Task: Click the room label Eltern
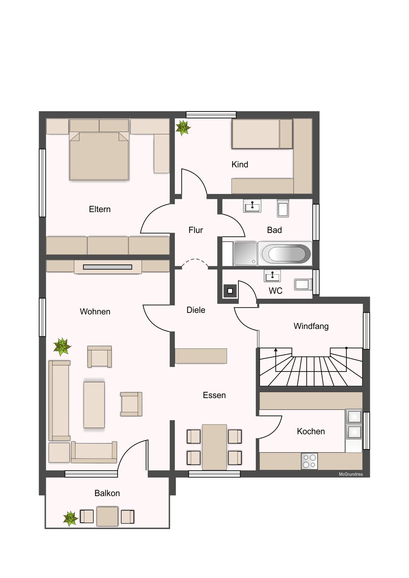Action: (x=99, y=209)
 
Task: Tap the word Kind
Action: (x=239, y=164)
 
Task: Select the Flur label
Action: (x=196, y=230)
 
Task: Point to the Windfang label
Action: (x=311, y=326)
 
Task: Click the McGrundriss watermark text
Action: (x=351, y=474)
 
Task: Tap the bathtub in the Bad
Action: (x=285, y=253)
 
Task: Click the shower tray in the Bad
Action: (x=246, y=253)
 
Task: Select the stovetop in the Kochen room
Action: (x=309, y=461)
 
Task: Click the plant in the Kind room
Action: (x=183, y=128)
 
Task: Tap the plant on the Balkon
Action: (x=70, y=518)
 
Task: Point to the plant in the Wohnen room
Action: (x=62, y=346)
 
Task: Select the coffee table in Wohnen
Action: (x=94, y=405)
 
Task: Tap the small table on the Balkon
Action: (x=107, y=516)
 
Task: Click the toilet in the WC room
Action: (x=303, y=285)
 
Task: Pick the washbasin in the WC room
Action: (x=272, y=276)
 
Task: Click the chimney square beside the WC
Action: (x=230, y=291)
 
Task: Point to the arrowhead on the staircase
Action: (x=276, y=350)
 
